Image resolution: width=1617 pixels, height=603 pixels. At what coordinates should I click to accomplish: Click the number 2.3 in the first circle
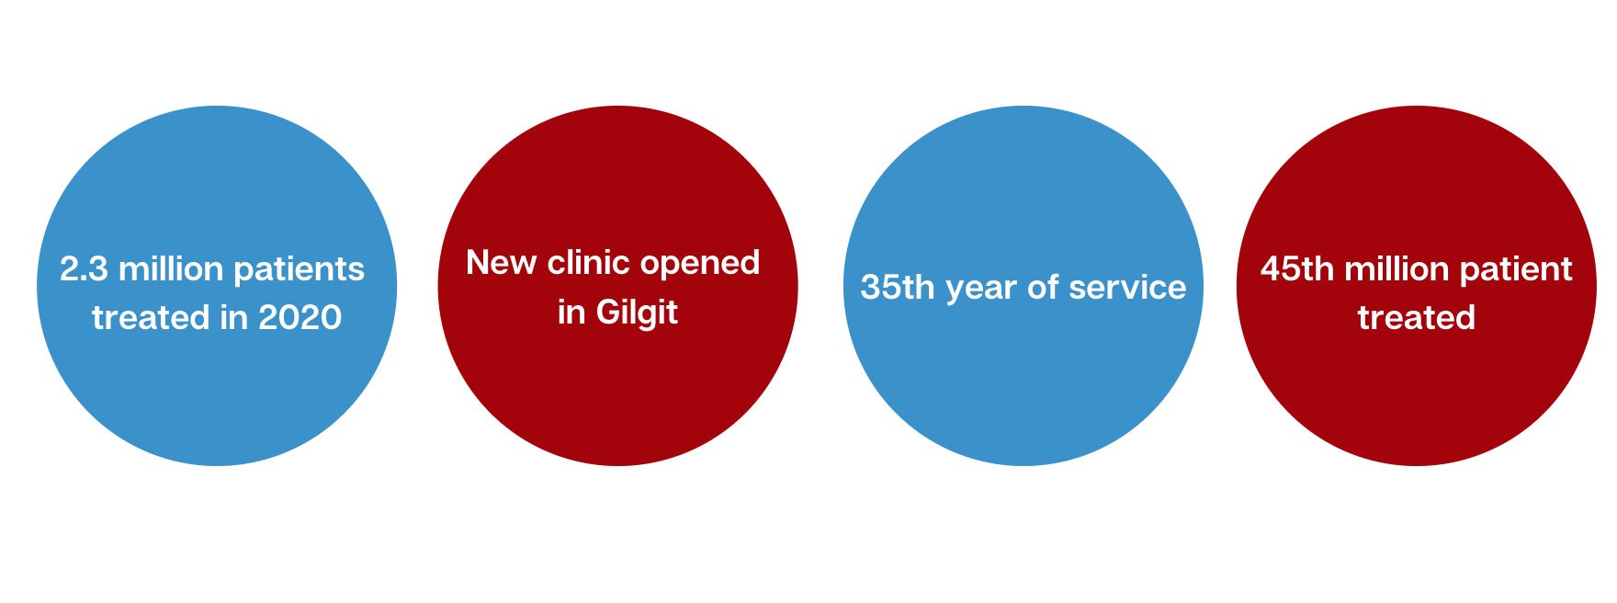click(x=84, y=269)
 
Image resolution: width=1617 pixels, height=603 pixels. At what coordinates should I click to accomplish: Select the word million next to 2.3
click(x=171, y=269)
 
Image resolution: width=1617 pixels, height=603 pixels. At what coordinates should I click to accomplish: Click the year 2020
click(x=300, y=318)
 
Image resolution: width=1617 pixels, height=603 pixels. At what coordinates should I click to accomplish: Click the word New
click(x=502, y=263)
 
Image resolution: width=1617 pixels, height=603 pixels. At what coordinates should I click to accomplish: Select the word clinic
click(x=589, y=263)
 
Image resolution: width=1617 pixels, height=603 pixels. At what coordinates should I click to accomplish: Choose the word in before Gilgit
click(x=571, y=313)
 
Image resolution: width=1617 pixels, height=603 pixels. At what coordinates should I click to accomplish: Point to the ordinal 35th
click(x=898, y=288)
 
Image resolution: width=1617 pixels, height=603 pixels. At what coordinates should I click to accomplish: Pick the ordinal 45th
click(x=1297, y=269)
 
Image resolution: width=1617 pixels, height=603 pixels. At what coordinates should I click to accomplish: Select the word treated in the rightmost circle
click(x=1417, y=318)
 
